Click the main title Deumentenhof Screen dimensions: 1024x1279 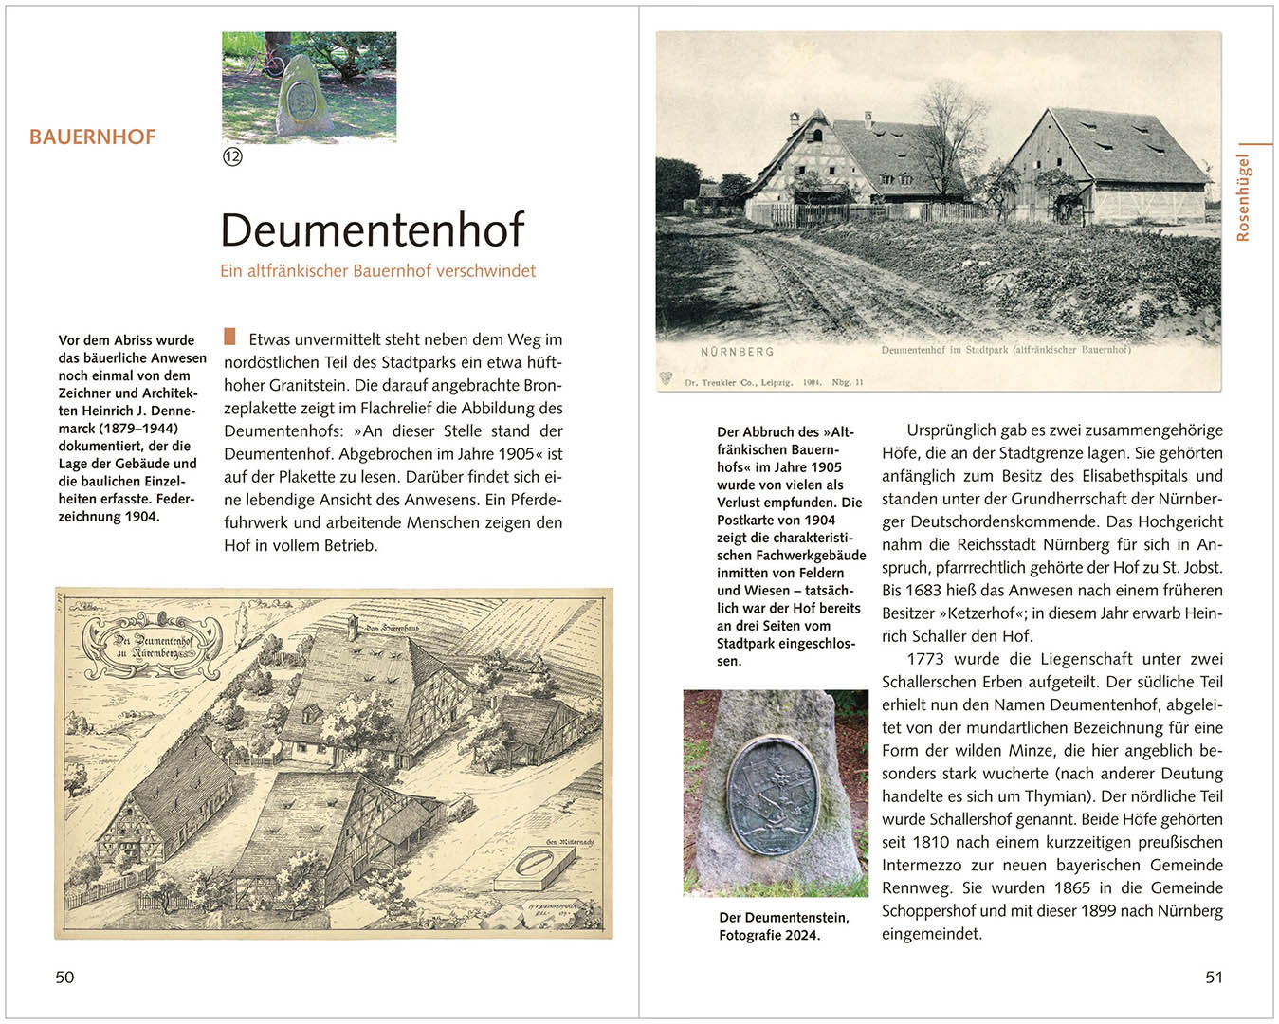tap(372, 230)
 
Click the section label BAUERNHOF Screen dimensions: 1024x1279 tap(92, 137)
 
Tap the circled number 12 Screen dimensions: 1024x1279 tap(232, 156)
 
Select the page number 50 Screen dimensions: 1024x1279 tap(64, 977)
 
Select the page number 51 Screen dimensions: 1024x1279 tap(1214, 977)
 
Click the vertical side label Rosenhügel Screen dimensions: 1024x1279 tap(1243, 197)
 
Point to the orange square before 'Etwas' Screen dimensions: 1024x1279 tap(229, 337)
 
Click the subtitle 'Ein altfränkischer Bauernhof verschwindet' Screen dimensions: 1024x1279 tap(377, 271)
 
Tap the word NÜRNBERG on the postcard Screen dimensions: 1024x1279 tap(737, 352)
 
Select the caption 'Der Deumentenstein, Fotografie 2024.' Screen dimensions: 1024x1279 tap(783, 926)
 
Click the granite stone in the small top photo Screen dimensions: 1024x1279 tap(301, 97)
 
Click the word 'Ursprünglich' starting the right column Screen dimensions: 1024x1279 tap(952, 430)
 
